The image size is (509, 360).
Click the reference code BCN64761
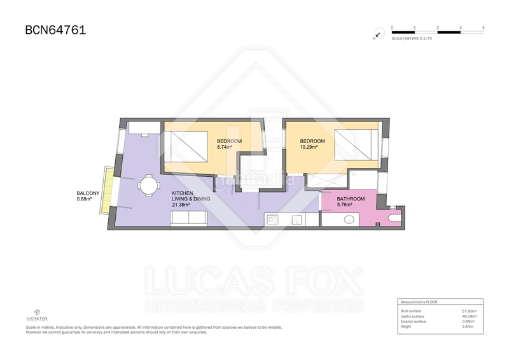click(x=55, y=29)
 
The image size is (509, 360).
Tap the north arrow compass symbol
click(x=377, y=35)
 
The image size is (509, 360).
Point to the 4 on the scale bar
click(x=484, y=28)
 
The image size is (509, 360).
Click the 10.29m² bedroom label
click(x=312, y=144)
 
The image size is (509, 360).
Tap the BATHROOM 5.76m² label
click(x=351, y=202)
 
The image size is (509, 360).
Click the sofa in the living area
click(x=188, y=219)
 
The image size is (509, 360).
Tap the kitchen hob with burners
click(x=272, y=219)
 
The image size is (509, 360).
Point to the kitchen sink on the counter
click(x=296, y=219)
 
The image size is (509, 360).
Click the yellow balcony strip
click(x=109, y=189)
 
